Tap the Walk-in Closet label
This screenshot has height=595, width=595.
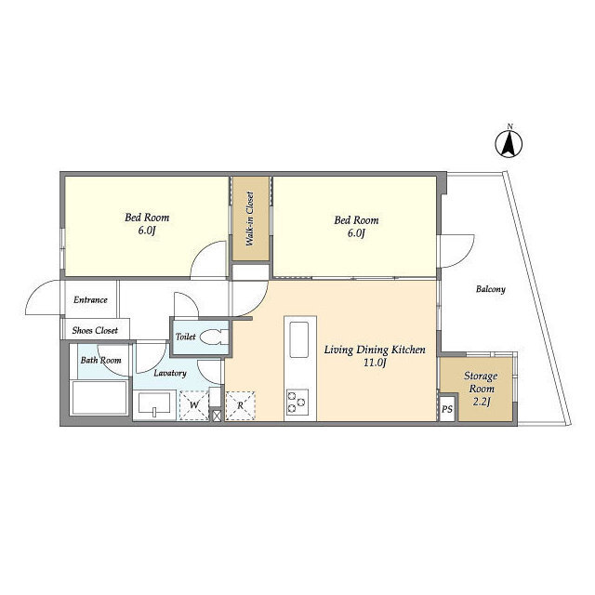coord(249,219)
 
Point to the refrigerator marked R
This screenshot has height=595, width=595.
coord(240,405)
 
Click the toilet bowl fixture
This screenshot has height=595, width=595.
coord(213,337)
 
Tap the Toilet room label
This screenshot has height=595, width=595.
coord(185,337)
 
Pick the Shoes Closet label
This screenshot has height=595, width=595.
coord(95,330)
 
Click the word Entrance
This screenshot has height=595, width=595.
coord(90,300)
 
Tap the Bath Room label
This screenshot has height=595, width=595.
coord(100,360)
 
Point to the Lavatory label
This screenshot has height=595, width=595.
coord(170,373)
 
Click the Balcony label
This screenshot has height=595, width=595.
coord(490,290)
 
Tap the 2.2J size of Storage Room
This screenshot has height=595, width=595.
coord(482,401)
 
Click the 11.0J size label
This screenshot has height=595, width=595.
coord(375,364)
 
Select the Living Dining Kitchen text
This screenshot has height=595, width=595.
coord(375,350)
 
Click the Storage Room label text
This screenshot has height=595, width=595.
coord(482,381)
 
